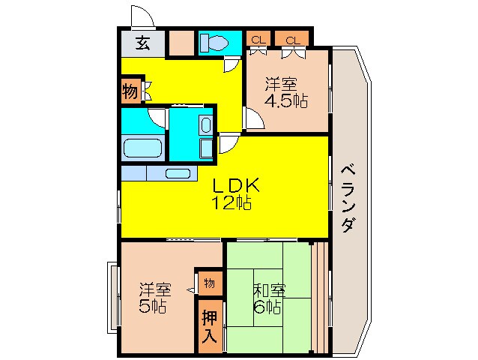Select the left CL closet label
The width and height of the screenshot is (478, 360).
point(258,39)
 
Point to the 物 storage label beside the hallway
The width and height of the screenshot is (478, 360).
point(130,92)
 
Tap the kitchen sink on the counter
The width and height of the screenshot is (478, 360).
point(178,173)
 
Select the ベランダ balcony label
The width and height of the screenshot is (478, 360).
point(348,199)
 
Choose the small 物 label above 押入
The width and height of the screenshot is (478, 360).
point(209,283)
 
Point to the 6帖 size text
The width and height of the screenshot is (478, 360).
point(267,307)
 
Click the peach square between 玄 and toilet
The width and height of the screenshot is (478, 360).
point(180,42)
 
